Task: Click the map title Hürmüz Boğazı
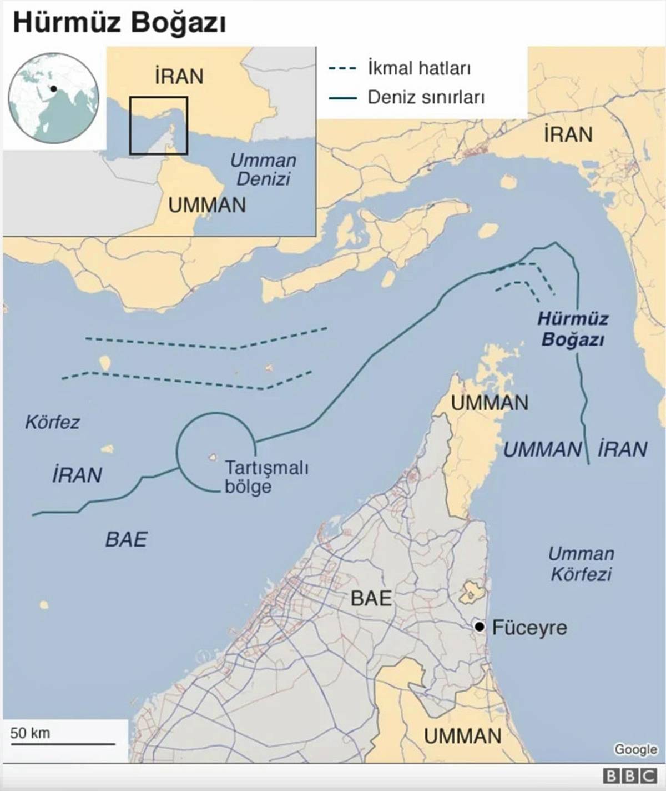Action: tap(119, 23)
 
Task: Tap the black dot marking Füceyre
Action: tap(480, 627)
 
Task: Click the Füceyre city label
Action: tap(529, 628)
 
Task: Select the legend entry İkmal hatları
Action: tap(418, 69)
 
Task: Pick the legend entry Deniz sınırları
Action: tap(426, 98)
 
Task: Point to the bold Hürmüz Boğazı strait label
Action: tap(573, 329)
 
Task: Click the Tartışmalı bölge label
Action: tap(266, 477)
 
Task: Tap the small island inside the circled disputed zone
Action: tap(212, 457)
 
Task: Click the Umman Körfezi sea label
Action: tap(581, 563)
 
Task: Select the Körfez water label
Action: tap(52, 422)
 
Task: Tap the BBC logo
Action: tap(629, 776)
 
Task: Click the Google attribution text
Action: tap(635, 749)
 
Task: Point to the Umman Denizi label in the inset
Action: tap(263, 169)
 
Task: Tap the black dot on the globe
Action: tap(53, 88)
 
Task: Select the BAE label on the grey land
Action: tap(371, 598)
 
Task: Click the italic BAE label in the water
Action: tap(126, 539)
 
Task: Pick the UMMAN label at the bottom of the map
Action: tap(462, 736)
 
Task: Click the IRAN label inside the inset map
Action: tap(179, 76)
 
